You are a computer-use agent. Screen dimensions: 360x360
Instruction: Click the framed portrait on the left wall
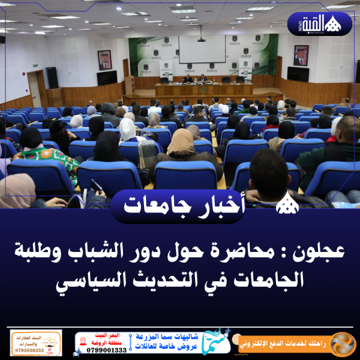pos(104,59)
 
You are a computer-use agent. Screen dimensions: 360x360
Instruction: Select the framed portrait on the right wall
pos(301,55)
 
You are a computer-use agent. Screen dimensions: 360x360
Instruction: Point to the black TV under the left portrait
pos(107,77)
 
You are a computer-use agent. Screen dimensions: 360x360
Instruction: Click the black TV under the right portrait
pos(298,74)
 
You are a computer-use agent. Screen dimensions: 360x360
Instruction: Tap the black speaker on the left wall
pos(52,77)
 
